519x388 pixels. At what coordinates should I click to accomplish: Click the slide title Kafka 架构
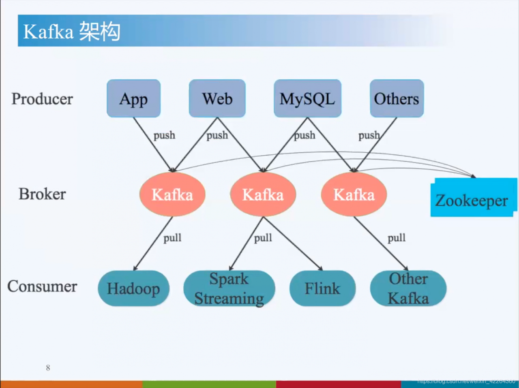pyautogui.click(x=72, y=32)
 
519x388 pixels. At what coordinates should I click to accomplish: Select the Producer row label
pyautogui.click(x=42, y=99)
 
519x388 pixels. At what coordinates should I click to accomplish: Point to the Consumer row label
pyautogui.click(x=42, y=286)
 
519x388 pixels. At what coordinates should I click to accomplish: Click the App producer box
pyautogui.click(x=133, y=98)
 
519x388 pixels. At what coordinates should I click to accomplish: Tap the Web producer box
pyautogui.click(x=217, y=98)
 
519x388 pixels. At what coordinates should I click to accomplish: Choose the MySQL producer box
pyautogui.click(x=307, y=98)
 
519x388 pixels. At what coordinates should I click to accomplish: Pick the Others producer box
pyautogui.click(x=397, y=98)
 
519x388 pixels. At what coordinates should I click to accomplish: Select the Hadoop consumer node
pyautogui.click(x=133, y=288)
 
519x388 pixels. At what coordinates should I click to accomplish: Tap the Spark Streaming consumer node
pyautogui.click(x=229, y=288)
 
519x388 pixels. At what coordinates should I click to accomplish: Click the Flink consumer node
pyautogui.click(x=322, y=288)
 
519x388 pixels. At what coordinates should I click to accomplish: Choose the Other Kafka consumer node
pyautogui.click(x=408, y=288)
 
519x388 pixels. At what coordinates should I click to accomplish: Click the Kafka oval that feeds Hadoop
pyautogui.click(x=172, y=194)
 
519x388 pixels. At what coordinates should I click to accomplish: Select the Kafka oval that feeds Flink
pyautogui.click(x=263, y=194)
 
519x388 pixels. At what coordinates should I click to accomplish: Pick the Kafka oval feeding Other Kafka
pyautogui.click(x=354, y=194)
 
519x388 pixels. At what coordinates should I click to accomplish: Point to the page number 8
pyautogui.click(x=48, y=368)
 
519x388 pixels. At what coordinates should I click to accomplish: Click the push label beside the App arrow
pyautogui.click(x=164, y=135)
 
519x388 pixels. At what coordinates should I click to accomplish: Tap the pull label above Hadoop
pyautogui.click(x=172, y=238)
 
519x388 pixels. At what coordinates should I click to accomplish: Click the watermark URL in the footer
pyautogui.click(x=466, y=381)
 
